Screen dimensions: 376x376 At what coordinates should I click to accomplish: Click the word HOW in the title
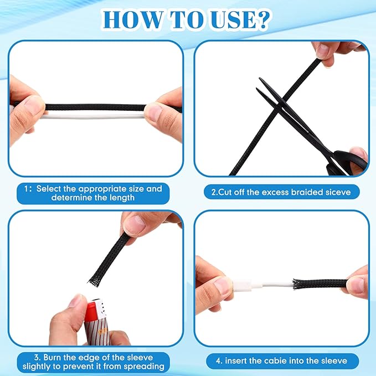click(133, 20)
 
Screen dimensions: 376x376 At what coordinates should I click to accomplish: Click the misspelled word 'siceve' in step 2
click(338, 192)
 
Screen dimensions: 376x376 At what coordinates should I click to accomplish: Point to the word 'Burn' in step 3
click(52, 358)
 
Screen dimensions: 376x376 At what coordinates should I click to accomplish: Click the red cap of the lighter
click(90, 310)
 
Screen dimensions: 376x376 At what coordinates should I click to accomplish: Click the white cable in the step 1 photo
click(93, 116)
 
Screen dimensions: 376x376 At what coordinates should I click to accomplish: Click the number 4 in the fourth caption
click(218, 360)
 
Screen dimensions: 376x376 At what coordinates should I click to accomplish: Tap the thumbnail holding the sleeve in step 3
click(135, 223)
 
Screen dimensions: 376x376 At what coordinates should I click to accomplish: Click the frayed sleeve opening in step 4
click(297, 284)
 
